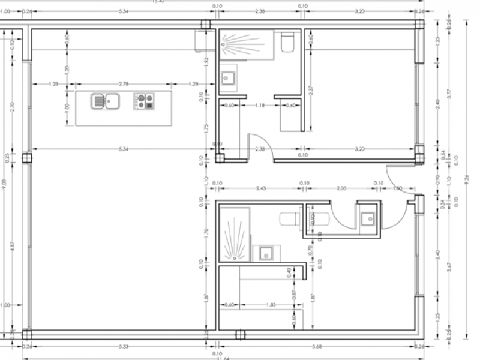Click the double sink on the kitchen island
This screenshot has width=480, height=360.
coord(106,101)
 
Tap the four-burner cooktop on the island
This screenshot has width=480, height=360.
coord(143,101)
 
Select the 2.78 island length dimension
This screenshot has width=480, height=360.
coord(124,84)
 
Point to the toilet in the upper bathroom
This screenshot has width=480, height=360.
coord(286,43)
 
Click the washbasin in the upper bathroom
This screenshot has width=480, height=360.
coord(229,77)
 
